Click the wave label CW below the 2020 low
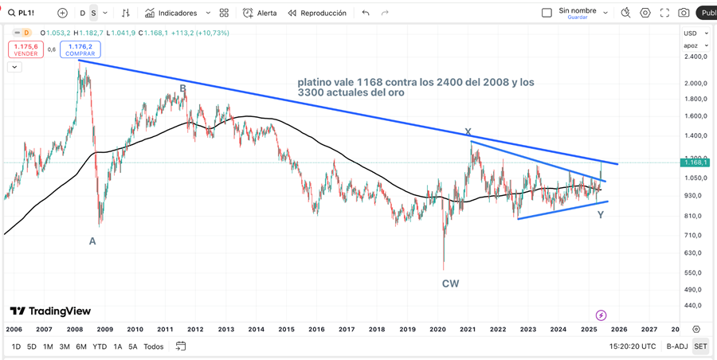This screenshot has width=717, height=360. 450,283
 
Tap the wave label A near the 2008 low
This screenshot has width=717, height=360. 92,241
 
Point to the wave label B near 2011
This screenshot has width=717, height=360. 182,88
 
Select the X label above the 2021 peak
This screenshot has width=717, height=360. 468,132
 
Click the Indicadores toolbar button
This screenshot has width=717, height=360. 177,13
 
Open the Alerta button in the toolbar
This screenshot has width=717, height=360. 261,13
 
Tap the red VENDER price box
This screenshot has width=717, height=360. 25,49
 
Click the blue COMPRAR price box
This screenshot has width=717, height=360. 80,49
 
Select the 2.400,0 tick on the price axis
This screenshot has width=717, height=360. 695,57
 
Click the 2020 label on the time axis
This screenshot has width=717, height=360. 437,329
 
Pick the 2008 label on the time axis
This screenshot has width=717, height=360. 74,329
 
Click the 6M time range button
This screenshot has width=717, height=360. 81,346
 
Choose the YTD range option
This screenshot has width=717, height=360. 100,346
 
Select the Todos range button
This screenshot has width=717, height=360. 154,346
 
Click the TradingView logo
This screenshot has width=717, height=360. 50,311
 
